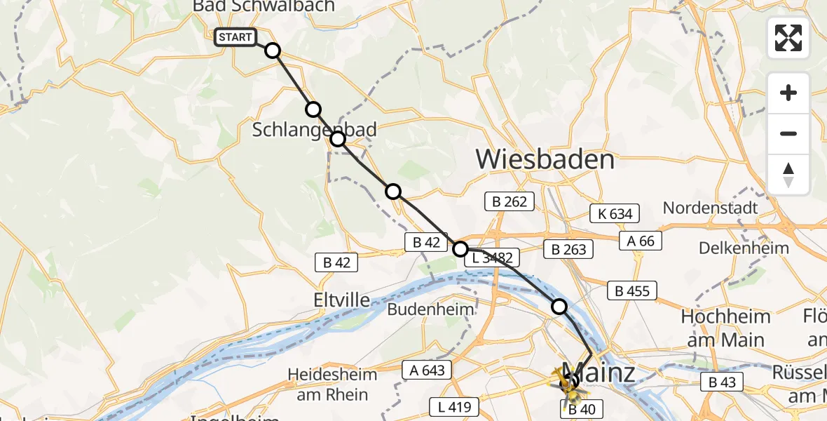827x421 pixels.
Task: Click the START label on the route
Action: click(235, 37)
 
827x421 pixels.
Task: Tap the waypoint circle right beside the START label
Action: click(273, 51)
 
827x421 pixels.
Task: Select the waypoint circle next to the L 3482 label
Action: click(460, 248)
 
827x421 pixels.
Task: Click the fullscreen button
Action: click(788, 38)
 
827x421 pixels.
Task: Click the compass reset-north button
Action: click(788, 175)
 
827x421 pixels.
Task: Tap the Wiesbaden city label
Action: click(545, 159)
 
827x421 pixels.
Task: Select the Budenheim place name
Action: click(430, 309)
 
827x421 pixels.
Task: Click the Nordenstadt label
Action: click(710, 208)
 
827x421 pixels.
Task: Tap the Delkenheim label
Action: click(744, 248)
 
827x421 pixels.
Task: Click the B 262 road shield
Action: click(510, 202)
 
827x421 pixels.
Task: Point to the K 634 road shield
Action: click(615, 214)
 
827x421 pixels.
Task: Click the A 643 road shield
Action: click(427, 370)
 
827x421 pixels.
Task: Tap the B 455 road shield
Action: click(632, 290)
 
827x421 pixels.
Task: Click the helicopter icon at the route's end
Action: click(568, 382)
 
